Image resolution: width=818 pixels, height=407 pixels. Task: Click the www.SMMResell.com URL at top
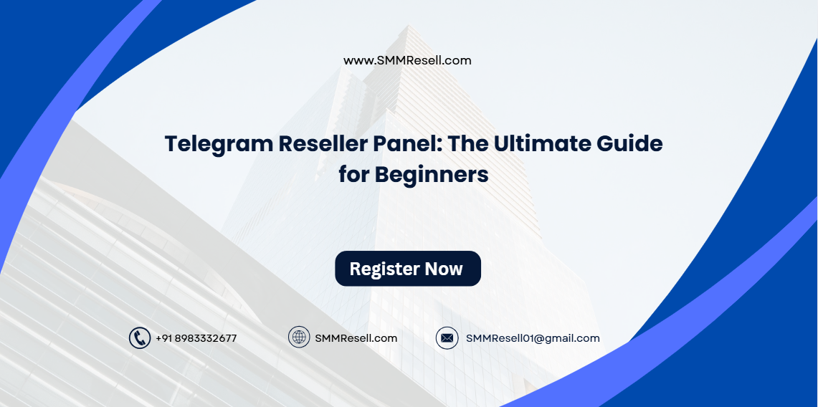click(407, 61)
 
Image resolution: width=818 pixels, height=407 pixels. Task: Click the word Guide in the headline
click(631, 144)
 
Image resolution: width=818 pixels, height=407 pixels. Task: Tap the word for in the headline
click(355, 175)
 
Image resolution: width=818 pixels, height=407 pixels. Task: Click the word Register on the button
click(384, 269)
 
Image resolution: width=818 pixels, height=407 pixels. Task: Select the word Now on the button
click(444, 269)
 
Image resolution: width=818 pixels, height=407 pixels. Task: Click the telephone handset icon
click(139, 338)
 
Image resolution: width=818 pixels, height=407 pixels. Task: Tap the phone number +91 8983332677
click(196, 338)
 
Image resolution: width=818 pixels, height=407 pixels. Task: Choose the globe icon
click(299, 337)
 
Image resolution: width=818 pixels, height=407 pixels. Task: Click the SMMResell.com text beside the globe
click(356, 338)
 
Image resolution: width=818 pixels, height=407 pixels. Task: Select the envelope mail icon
click(447, 338)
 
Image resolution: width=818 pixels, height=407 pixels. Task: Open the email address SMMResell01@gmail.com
click(533, 338)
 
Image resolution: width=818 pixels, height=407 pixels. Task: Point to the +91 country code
click(163, 338)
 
